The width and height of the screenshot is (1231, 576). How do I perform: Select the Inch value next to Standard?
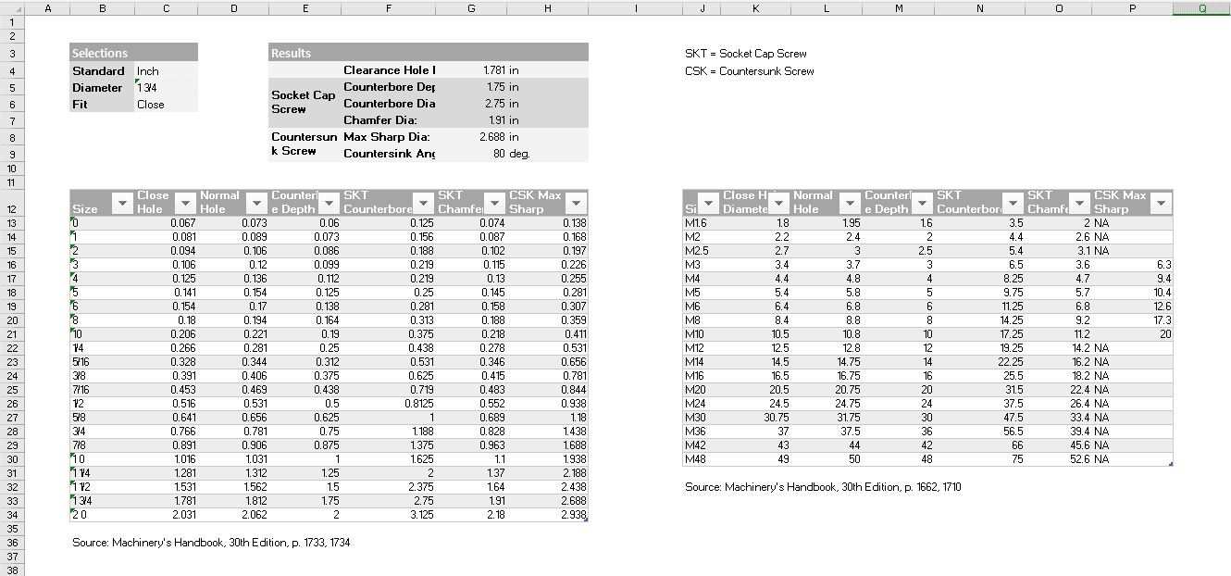point(148,70)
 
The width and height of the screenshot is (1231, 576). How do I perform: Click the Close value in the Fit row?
point(150,104)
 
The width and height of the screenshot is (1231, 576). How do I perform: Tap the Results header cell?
point(292,53)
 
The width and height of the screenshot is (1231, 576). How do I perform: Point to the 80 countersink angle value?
point(499,153)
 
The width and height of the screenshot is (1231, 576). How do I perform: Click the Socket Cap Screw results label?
point(304,102)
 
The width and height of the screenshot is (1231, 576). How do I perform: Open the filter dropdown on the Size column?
point(123,203)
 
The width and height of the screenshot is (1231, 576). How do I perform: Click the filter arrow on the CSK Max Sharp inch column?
point(576,203)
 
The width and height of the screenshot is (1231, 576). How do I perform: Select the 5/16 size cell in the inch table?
point(84,361)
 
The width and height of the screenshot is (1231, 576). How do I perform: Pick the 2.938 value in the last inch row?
point(573,514)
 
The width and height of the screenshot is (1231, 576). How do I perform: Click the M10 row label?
point(695,333)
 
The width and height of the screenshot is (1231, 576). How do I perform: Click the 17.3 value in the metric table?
point(1161,319)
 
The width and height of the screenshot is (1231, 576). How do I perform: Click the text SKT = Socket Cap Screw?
point(746,54)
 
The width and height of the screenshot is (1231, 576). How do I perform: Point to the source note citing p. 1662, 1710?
point(823,486)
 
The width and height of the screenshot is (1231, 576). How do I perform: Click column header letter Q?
point(1201,7)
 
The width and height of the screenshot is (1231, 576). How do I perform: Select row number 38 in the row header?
point(13,570)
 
